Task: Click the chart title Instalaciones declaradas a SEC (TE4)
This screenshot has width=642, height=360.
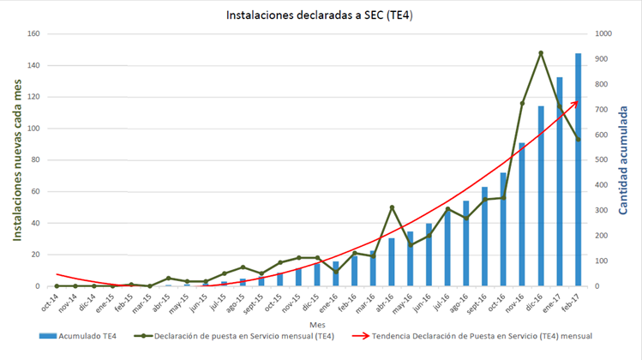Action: (320, 15)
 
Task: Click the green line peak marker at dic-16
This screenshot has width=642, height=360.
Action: (540, 53)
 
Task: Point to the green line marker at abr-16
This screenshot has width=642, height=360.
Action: (391, 207)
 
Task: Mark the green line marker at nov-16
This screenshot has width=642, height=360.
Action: (521, 104)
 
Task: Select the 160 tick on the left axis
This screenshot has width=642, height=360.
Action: (34, 34)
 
